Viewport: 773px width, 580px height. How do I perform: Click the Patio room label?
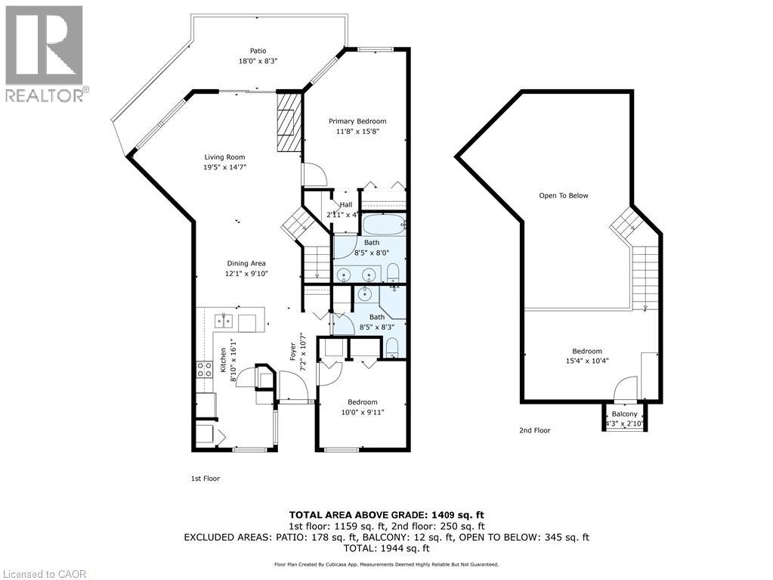(237, 51)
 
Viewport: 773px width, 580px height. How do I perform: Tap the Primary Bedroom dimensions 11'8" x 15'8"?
(357, 131)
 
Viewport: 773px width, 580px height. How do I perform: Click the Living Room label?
(224, 157)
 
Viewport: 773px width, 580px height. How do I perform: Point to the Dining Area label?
(246, 263)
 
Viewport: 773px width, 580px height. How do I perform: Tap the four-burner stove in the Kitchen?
(204, 370)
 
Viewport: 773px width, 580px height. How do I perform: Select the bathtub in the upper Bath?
(384, 225)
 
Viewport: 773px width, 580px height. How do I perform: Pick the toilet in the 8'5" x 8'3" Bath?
(392, 347)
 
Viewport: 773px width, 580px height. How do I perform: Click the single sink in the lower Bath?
(368, 293)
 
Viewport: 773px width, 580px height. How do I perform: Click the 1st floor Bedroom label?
(363, 402)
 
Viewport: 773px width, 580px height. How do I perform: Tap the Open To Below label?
(563, 196)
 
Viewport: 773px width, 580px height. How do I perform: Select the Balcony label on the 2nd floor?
(624, 414)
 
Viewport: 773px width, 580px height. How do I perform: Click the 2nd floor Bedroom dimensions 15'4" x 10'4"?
(586, 361)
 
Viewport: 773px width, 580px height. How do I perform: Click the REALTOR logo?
(45, 53)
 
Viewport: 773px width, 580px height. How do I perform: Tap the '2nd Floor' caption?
(534, 430)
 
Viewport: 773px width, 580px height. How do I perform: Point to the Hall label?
(346, 204)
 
